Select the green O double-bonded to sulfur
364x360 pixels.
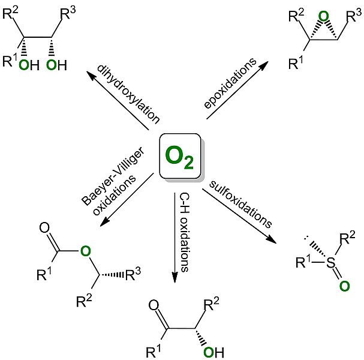pos(343,286)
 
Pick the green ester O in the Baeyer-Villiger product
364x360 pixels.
pos(86,246)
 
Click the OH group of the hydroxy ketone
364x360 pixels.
pos(213,352)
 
